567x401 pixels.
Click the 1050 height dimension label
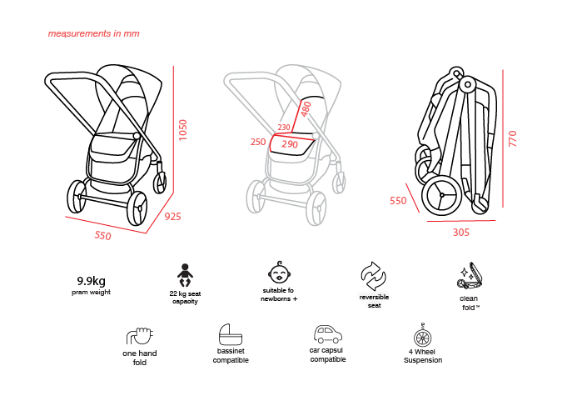click(183, 130)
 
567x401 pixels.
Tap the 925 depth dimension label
click(173, 217)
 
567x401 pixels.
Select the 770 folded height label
click(513, 138)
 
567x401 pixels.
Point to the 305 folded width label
click(461, 233)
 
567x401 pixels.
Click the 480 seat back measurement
click(306, 109)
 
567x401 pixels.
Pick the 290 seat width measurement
click(290, 144)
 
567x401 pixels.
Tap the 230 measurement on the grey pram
click(284, 128)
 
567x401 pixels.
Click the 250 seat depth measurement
click(258, 142)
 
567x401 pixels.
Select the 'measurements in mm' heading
click(93, 33)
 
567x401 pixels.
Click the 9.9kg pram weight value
click(91, 281)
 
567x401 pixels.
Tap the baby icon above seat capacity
click(185, 275)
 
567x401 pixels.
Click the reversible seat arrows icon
click(374, 277)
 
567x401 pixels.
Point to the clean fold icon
click(470, 276)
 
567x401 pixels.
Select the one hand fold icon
click(140, 336)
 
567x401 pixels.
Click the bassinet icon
click(231, 334)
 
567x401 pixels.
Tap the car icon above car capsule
click(327, 334)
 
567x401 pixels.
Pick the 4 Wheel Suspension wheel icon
click(423, 335)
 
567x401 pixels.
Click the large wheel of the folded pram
click(442, 195)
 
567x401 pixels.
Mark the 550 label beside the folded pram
click(398, 200)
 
